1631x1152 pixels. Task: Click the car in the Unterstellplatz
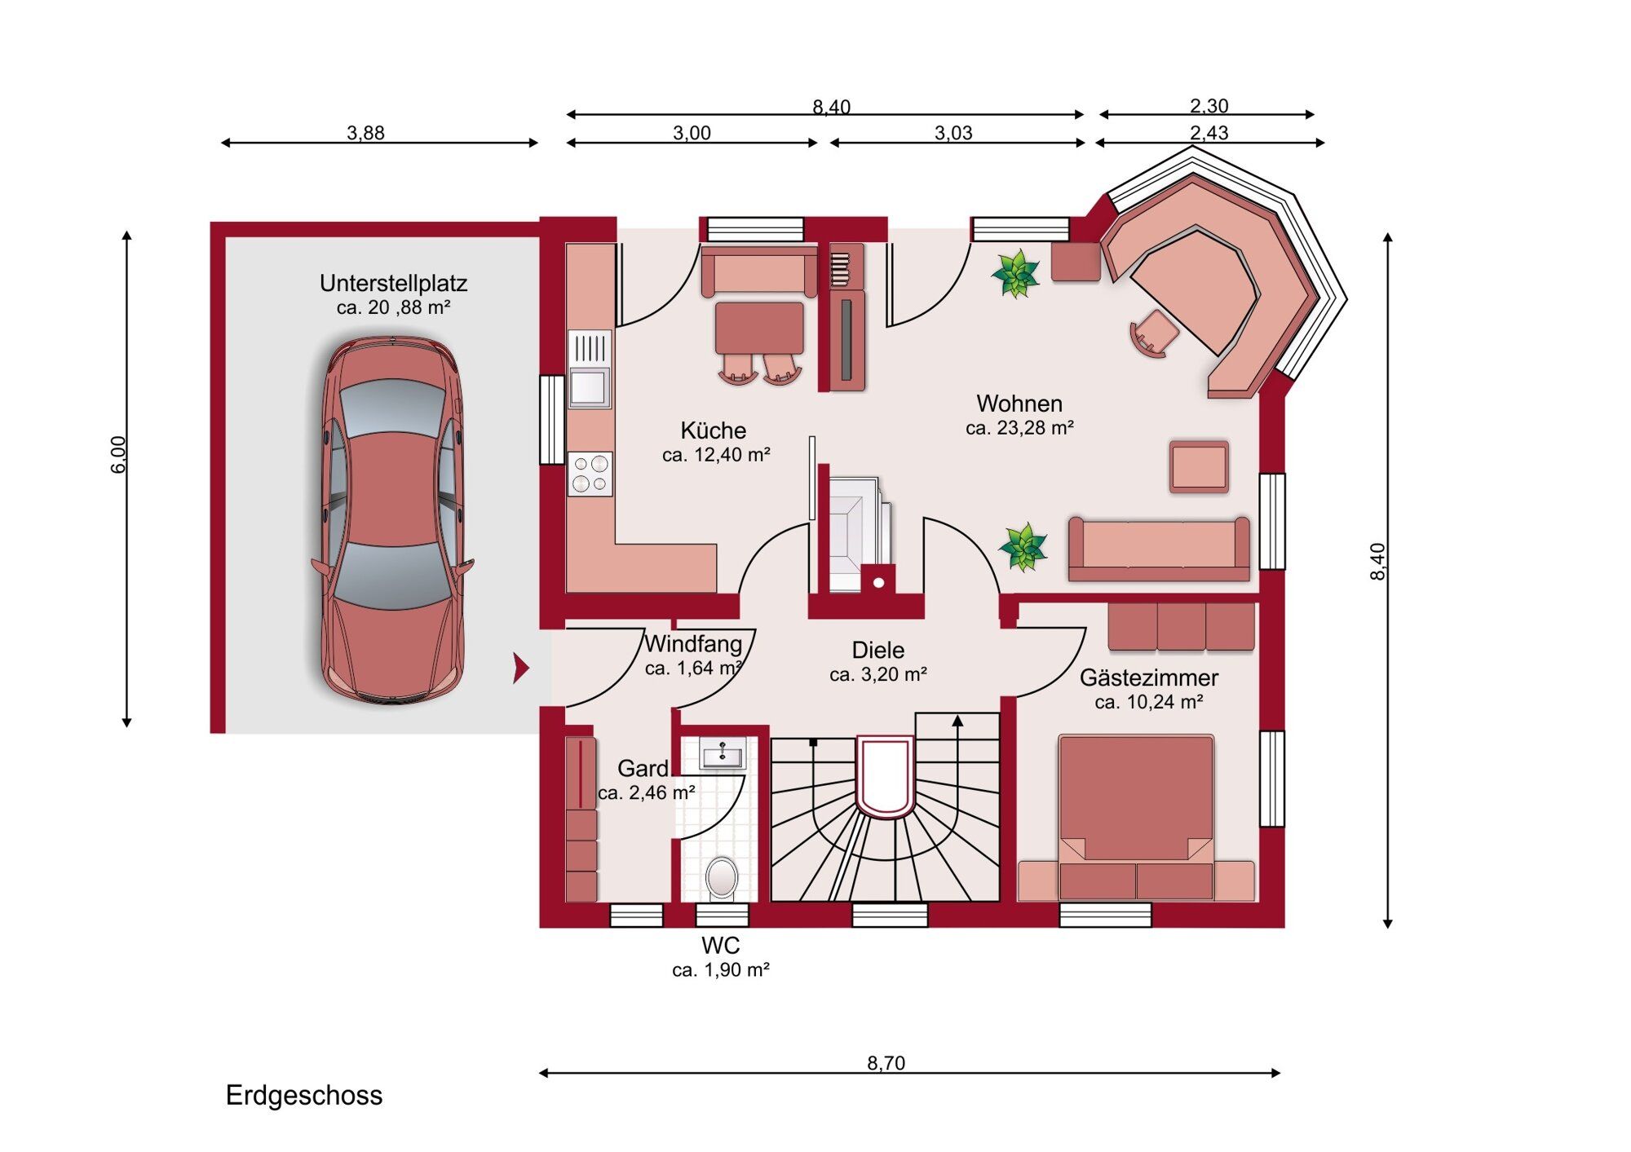(x=392, y=520)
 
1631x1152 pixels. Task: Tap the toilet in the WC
(x=722, y=879)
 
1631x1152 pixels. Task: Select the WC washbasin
(x=723, y=754)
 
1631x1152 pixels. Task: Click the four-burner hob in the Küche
(x=590, y=474)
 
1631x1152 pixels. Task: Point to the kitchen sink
(x=590, y=369)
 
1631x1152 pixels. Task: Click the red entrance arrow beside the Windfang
(x=521, y=668)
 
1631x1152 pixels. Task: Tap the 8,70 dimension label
(x=886, y=1063)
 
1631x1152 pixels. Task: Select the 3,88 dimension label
(x=365, y=133)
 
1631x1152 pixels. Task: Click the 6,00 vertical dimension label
(x=119, y=455)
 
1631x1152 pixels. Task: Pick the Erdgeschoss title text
(x=304, y=1096)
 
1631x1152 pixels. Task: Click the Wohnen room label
(x=1019, y=404)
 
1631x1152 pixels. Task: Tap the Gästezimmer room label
(x=1149, y=678)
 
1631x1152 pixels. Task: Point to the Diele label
(x=878, y=650)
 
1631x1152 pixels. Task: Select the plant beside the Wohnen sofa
(x=1023, y=547)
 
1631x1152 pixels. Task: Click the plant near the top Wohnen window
(x=1016, y=274)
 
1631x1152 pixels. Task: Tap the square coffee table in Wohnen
(x=1199, y=467)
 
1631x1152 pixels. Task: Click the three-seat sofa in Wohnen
(x=1159, y=549)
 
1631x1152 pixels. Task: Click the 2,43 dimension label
(x=1209, y=133)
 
